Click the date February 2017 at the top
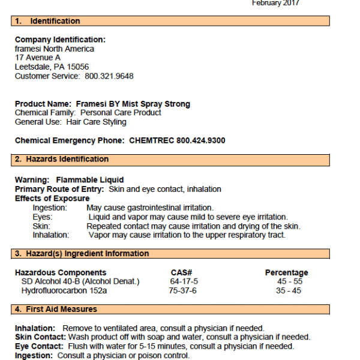[x=275, y=3]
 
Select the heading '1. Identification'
[x=47, y=21]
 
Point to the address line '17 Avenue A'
[x=38, y=58]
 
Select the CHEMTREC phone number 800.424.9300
[x=201, y=140]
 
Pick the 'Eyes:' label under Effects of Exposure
[x=42, y=217]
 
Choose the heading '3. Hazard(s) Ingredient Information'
[x=82, y=254]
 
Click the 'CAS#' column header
[x=181, y=273]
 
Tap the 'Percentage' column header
[x=286, y=273]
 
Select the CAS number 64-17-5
[x=184, y=281]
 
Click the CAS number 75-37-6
[x=182, y=291]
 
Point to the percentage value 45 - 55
[x=289, y=281]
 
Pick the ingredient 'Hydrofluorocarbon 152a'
[x=64, y=291]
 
